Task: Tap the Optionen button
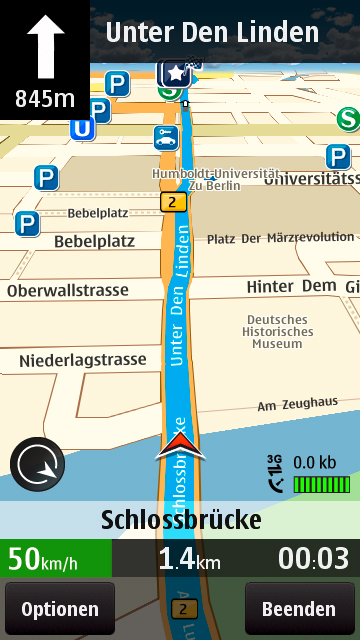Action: tap(60, 609)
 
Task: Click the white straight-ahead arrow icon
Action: tap(44, 46)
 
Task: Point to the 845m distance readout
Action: tap(44, 98)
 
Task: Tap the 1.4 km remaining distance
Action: tap(189, 559)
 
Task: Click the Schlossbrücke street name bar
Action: tap(180, 520)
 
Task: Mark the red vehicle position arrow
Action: tap(177, 446)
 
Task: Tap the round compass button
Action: tap(37, 466)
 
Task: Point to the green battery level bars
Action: tap(321, 484)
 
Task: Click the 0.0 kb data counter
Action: tap(314, 462)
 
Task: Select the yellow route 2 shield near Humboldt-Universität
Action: tap(174, 203)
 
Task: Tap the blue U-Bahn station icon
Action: tap(82, 128)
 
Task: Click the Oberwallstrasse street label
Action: tap(68, 290)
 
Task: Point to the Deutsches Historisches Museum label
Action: tap(277, 331)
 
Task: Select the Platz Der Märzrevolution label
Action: tap(280, 238)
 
